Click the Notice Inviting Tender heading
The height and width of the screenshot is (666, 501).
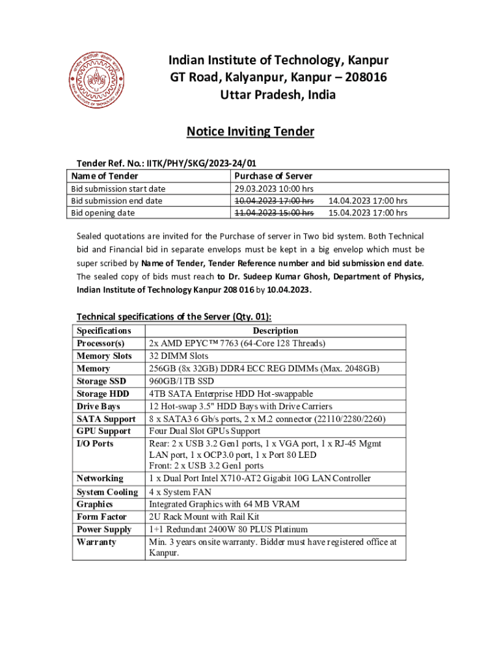pos(251,132)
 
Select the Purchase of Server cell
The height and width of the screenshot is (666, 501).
pos(273,176)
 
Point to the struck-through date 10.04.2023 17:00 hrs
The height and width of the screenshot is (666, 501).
pos(274,201)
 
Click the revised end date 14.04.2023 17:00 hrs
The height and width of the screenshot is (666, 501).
pos(368,201)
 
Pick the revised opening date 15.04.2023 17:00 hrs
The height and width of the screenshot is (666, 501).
pos(368,213)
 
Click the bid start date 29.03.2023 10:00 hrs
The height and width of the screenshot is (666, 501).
pos(274,189)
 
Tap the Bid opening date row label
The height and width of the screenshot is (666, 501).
pos(103,213)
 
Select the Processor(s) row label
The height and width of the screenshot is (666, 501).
pos(100,343)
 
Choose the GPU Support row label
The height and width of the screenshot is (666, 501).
pos(103,431)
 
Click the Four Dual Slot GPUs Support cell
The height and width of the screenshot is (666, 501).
pos(205,431)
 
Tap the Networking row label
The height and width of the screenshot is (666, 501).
pos(100,479)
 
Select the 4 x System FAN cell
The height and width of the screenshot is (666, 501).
pos(180,492)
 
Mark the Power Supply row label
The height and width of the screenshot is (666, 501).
pos(104,529)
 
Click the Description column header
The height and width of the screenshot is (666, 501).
pos(275,331)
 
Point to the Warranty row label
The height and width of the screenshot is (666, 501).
pos(96,542)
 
